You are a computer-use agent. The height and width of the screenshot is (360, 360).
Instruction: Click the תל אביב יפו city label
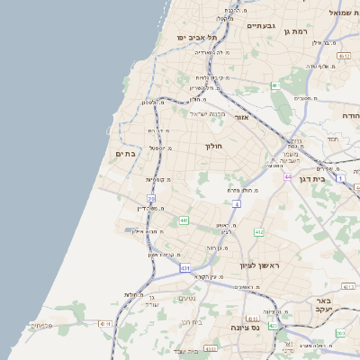coord(199,37)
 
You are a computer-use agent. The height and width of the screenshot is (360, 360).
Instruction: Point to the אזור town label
coord(240,117)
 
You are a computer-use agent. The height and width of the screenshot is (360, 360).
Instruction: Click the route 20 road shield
coord(152,198)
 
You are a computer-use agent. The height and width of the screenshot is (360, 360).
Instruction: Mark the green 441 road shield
coord(184,220)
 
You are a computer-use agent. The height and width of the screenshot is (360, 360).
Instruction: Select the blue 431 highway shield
coord(184,268)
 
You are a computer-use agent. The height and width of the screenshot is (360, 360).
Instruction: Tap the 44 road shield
coord(288,176)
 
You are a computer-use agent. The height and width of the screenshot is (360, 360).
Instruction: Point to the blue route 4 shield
coord(237,204)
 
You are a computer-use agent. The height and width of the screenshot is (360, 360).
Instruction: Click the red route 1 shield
coord(342,177)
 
